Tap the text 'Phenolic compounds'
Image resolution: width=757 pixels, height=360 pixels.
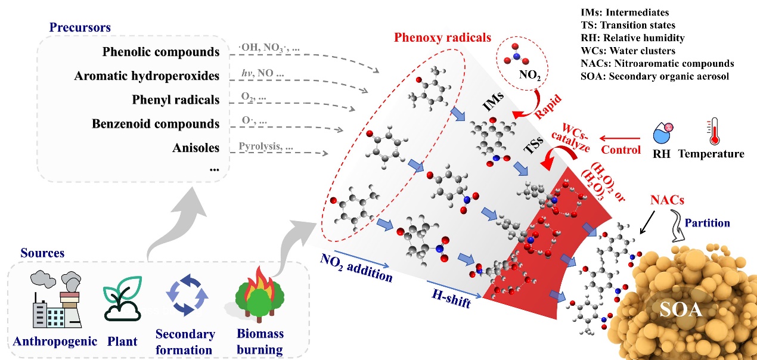click(160, 52)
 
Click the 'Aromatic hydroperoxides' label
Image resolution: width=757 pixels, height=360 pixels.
click(147, 76)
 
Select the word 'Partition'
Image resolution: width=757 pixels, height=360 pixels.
click(708, 223)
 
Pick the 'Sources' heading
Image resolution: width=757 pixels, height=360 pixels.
click(41, 253)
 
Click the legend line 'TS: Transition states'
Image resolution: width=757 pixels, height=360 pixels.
click(628, 25)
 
